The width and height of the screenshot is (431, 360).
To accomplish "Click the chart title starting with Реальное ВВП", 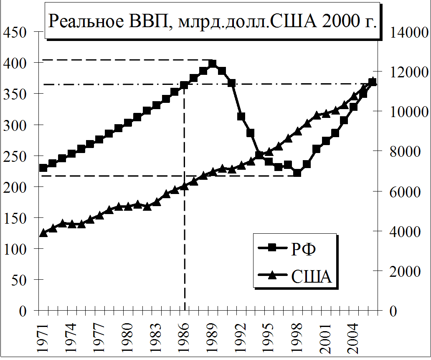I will (213, 22).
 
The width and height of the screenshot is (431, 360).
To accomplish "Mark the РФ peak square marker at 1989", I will (212, 64).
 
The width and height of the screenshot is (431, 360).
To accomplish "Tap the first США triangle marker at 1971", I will (43, 233).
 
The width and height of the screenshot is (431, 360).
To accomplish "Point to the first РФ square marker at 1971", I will (43, 168).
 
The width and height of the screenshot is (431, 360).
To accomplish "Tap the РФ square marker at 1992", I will (241, 117).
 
